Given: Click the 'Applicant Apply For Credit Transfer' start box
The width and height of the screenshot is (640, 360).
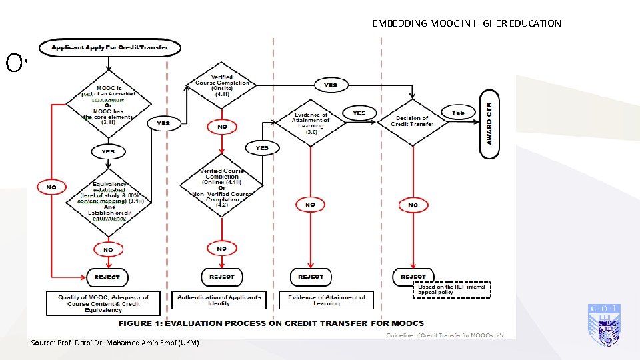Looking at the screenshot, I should (x=110, y=47).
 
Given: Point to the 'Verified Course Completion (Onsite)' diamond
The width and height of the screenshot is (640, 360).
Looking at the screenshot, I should (x=222, y=85).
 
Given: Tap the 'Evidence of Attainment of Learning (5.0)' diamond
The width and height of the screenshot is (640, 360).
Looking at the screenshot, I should (x=311, y=123).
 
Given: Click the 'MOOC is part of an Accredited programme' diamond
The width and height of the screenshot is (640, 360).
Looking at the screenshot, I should (x=108, y=105).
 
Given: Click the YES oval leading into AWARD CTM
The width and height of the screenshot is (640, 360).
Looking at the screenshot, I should (x=457, y=112).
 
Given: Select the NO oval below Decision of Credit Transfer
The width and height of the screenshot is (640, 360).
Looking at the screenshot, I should (x=413, y=205).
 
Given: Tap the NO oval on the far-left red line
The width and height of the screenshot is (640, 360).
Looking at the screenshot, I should (x=51, y=187).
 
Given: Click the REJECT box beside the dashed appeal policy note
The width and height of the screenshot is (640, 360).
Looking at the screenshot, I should (x=413, y=276).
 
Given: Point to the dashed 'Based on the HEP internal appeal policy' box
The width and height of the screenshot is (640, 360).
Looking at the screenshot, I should (x=453, y=289).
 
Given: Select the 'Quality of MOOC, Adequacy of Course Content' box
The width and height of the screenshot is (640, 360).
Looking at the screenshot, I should (x=103, y=303).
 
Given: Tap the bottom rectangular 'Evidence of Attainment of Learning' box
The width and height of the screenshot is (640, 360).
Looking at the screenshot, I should (x=327, y=300).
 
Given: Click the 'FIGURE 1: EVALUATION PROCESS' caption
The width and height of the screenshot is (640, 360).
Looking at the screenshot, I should (x=271, y=323).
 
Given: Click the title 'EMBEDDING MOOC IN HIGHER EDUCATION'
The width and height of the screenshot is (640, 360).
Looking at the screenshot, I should (x=467, y=23).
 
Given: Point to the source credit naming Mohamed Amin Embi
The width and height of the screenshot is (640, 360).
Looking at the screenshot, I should (x=115, y=343).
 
